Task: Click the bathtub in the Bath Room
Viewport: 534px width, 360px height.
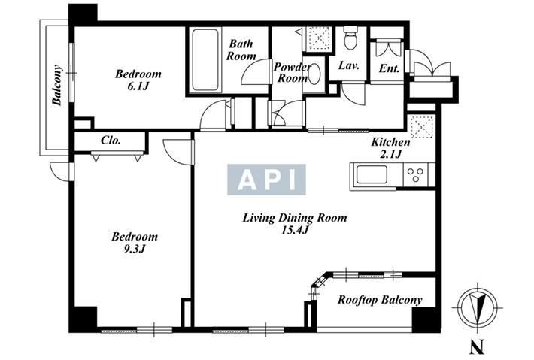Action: point(205,60)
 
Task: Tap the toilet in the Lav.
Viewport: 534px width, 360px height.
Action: point(350,38)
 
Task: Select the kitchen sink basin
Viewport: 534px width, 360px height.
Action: point(372,175)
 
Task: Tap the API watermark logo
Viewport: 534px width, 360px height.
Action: point(266,180)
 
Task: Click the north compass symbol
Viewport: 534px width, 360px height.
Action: point(477,307)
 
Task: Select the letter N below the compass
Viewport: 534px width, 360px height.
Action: point(478,348)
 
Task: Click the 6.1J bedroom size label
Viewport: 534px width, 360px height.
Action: point(138,86)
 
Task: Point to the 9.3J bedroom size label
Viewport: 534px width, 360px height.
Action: point(135,249)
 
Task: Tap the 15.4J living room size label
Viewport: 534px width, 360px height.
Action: point(295,231)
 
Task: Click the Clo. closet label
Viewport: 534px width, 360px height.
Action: point(111,141)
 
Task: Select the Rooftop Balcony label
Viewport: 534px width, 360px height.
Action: point(380,300)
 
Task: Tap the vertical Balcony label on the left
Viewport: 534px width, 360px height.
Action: point(57,85)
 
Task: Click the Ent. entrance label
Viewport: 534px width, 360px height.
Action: point(389,68)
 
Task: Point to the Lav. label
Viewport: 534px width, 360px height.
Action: point(349,65)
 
